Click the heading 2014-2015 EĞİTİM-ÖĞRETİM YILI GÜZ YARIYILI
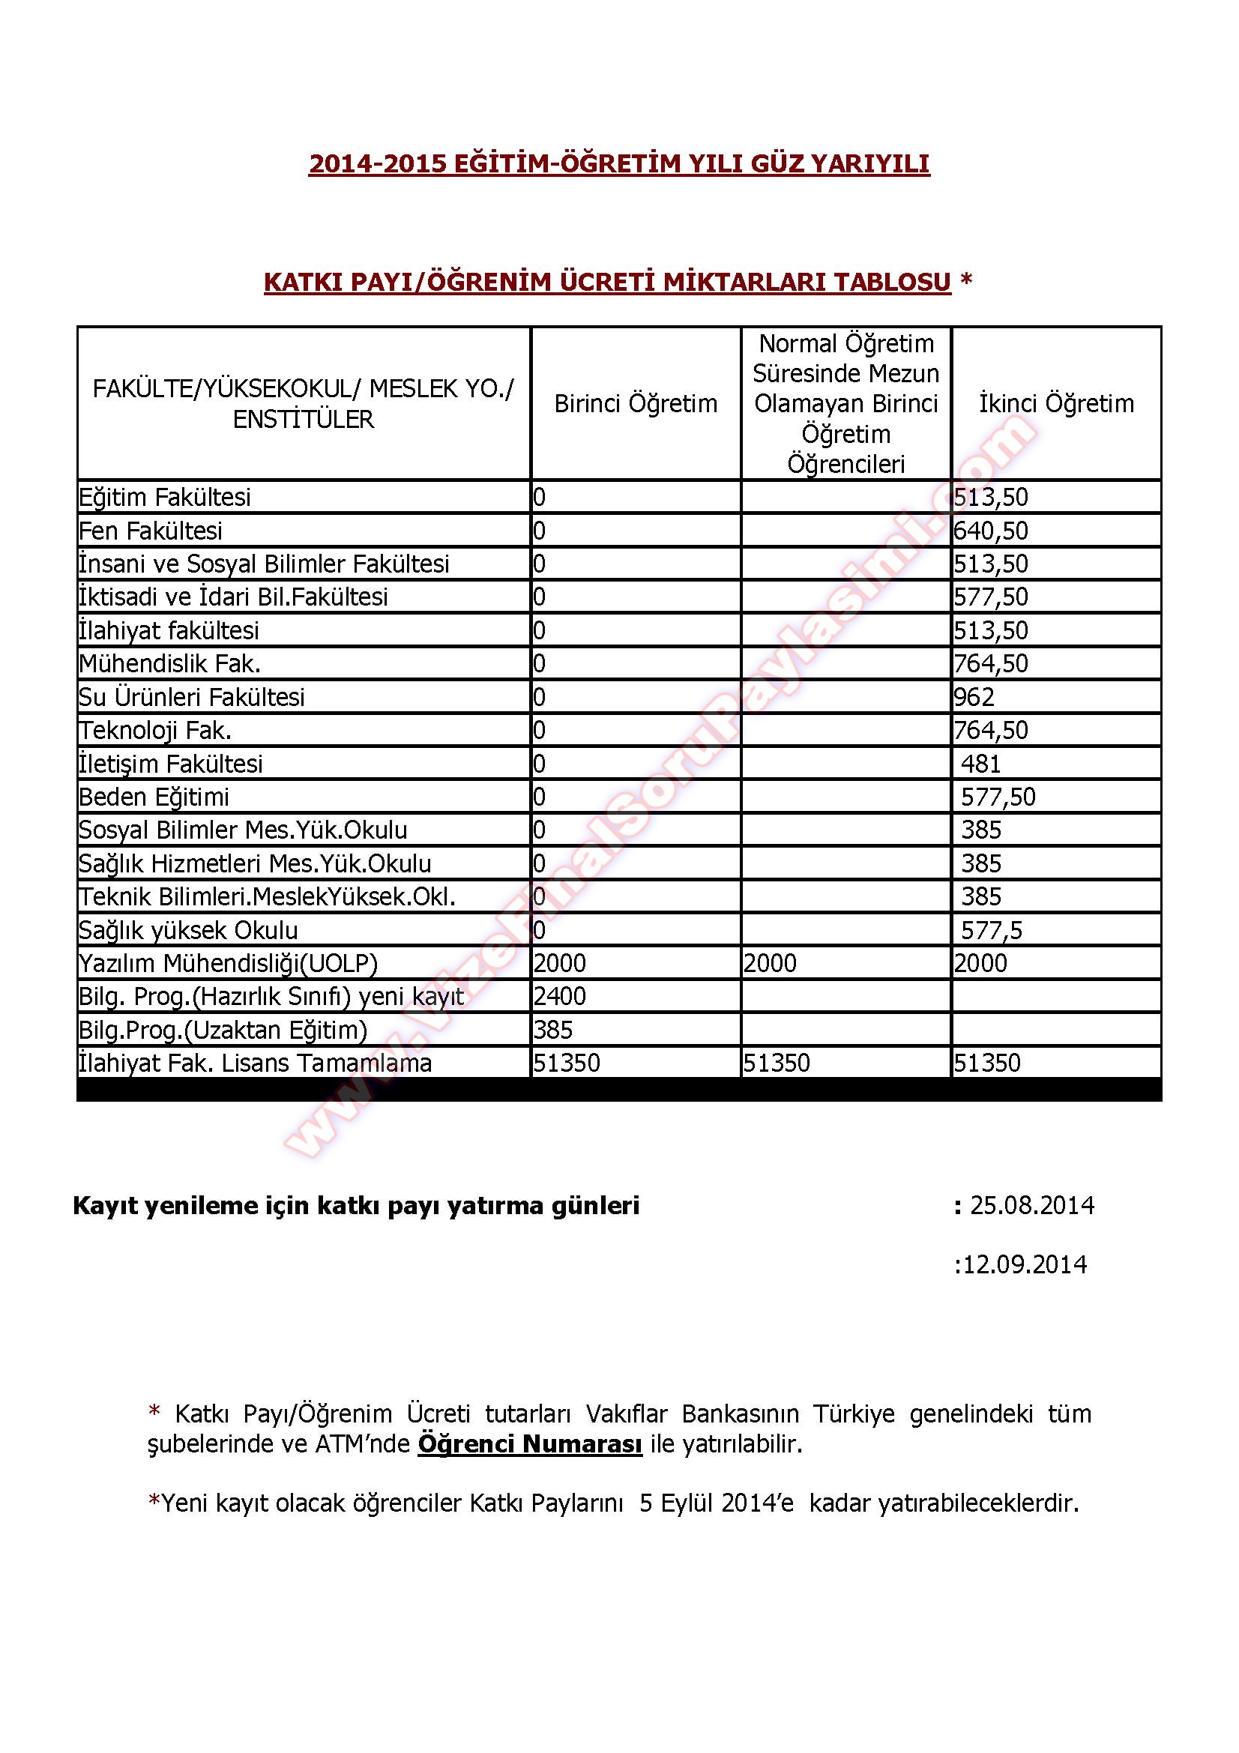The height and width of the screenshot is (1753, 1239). point(619,164)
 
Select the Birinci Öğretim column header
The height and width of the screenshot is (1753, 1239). point(635,403)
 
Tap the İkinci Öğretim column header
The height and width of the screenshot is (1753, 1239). point(1056,403)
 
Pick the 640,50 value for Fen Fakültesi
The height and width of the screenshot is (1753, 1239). point(990,531)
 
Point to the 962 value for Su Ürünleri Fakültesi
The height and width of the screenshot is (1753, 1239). point(974,697)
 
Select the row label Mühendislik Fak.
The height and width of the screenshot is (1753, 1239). point(169,663)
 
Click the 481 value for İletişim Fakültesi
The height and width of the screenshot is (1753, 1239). point(981,764)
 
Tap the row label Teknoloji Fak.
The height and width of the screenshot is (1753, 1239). point(155,731)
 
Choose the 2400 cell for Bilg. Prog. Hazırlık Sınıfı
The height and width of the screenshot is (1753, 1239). point(560,996)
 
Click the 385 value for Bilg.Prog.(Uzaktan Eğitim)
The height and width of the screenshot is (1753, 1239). point(552,1030)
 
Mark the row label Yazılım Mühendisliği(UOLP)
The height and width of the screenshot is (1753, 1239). point(229,964)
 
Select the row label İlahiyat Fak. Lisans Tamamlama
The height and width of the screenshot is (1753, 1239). point(255,1063)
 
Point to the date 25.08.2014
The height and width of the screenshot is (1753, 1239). point(1032,1206)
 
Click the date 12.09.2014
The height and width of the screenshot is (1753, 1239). point(1025,1264)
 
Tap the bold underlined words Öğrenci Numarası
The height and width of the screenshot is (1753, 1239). point(530,1443)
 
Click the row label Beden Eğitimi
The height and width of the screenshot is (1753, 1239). point(154,797)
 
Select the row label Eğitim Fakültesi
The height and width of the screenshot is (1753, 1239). point(164,497)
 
